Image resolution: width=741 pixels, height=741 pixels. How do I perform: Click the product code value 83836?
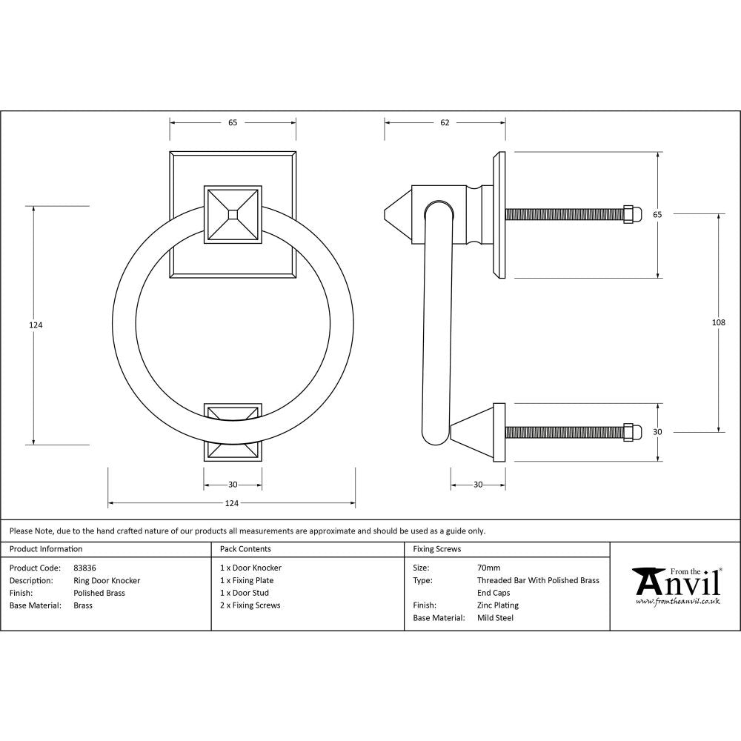(x=84, y=568)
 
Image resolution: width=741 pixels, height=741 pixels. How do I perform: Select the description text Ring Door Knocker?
(x=107, y=580)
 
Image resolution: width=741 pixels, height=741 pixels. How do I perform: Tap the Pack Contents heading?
(x=245, y=549)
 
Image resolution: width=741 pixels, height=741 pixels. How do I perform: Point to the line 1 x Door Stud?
(x=244, y=593)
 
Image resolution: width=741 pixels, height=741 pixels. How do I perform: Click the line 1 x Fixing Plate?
(x=247, y=580)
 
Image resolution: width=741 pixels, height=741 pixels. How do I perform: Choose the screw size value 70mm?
(x=488, y=568)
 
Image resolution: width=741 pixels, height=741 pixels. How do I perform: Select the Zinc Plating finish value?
(x=497, y=605)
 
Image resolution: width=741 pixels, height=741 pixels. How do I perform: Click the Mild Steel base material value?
(x=495, y=618)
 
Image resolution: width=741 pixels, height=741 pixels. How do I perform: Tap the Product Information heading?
(x=46, y=549)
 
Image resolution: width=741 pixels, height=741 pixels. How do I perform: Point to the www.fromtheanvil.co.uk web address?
(x=677, y=602)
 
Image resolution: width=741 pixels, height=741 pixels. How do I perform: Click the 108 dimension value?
(x=717, y=322)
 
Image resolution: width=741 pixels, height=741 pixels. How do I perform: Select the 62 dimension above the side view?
(x=445, y=123)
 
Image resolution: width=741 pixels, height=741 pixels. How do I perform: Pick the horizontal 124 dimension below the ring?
(x=232, y=504)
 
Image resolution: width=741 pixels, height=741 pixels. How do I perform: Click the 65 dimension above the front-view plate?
(x=233, y=123)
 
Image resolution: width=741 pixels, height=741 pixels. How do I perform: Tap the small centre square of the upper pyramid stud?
(x=233, y=214)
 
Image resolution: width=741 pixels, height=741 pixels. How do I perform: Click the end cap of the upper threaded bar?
(x=632, y=214)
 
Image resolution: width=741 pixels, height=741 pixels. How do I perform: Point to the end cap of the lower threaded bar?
(x=632, y=431)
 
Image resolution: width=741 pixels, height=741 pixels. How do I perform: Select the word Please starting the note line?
(x=21, y=531)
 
